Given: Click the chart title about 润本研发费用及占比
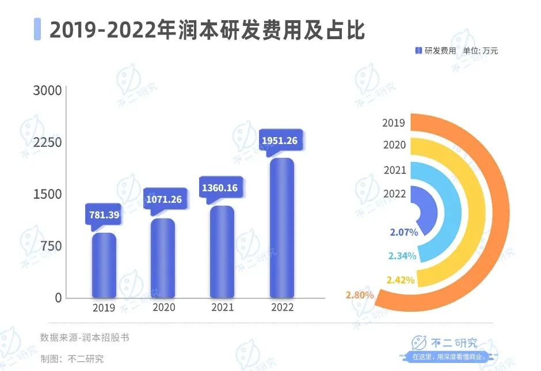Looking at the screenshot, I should pyautogui.click(x=207, y=30).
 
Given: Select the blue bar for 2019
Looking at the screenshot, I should pyautogui.click(x=105, y=266).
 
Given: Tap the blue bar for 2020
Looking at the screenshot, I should pyautogui.click(x=163, y=259).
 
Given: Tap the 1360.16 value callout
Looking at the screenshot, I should pyautogui.click(x=219, y=188).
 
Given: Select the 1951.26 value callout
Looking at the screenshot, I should pyautogui.click(x=279, y=141).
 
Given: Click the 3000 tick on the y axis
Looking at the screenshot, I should pyautogui.click(x=47, y=91).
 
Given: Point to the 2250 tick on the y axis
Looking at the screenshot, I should pyautogui.click(x=47, y=143).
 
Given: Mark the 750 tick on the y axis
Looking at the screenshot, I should pyautogui.click(x=49, y=246).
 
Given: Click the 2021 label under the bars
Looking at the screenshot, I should pyautogui.click(x=222, y=307).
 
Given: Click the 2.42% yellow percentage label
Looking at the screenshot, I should pyautogui.click(x=401, y=280).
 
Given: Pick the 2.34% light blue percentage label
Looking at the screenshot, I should pyautogui.click(x=402, y=256).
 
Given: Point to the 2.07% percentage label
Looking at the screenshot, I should pyautogui.click(x=403, y=232).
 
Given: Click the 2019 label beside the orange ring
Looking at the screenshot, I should pyautogui.click(x=394, y=123).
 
